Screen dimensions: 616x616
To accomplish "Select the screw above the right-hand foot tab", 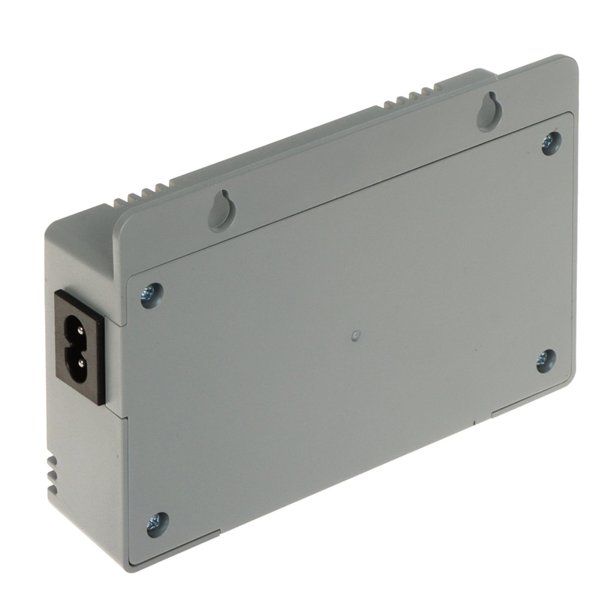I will tap(546, 360).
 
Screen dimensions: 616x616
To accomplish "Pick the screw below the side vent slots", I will tap(158, 524).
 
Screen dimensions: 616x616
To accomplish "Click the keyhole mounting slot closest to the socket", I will tap(221, 211).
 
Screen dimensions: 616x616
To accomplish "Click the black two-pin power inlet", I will tap(81, 348).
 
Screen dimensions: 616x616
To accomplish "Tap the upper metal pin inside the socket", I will tap(77, 328).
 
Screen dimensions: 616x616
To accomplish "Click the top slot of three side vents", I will tap(53, 461).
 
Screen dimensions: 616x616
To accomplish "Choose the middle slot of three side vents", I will tap(53, 475).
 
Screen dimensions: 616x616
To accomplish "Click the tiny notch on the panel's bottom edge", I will tap(475, 422).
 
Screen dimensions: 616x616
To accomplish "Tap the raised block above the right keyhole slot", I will tap(466, 77).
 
